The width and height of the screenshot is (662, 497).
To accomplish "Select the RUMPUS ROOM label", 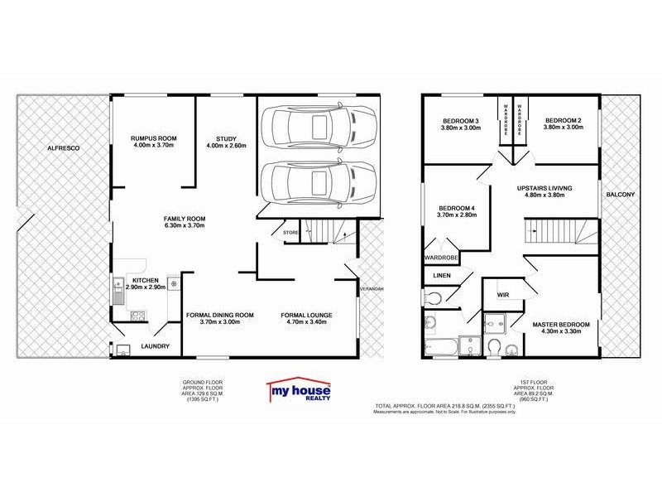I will [153, 138].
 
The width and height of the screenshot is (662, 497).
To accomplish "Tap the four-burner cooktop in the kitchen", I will [137, 315].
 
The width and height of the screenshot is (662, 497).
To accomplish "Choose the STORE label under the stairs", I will [290, 233].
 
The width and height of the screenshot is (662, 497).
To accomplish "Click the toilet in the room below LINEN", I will [434, 296].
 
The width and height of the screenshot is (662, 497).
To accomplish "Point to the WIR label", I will [502, 294].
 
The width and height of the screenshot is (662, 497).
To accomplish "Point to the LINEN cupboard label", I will [441, 275].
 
